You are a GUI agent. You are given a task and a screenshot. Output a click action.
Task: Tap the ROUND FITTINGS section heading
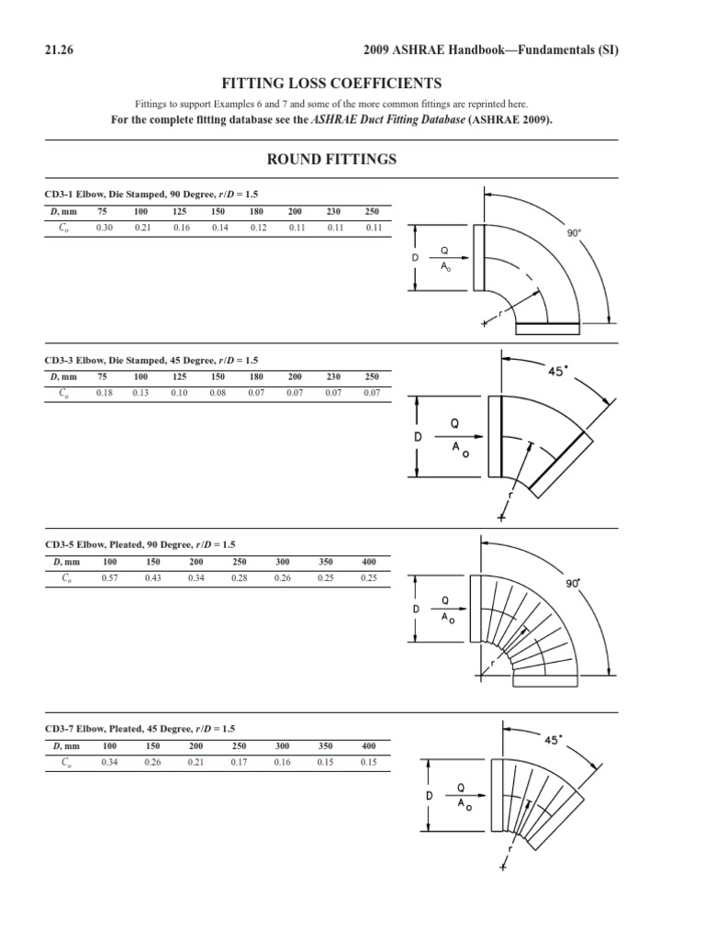coord(331,159)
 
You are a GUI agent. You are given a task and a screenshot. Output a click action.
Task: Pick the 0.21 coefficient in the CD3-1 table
coord(141,228)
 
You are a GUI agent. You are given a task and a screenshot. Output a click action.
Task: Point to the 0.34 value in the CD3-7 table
coord(110,763)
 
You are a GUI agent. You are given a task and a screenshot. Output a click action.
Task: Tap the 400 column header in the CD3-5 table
coord(369,561)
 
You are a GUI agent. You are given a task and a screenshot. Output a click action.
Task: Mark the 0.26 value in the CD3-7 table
coord(153,763)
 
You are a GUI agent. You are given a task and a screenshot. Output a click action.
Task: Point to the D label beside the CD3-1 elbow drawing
coord(415,258)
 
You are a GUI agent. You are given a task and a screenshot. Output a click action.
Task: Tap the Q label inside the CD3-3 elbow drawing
coord(452,424)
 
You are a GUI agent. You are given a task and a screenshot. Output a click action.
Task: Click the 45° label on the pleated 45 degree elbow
coord(551,740)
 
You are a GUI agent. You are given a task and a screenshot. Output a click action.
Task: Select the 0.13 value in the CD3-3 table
coord(141,393)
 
